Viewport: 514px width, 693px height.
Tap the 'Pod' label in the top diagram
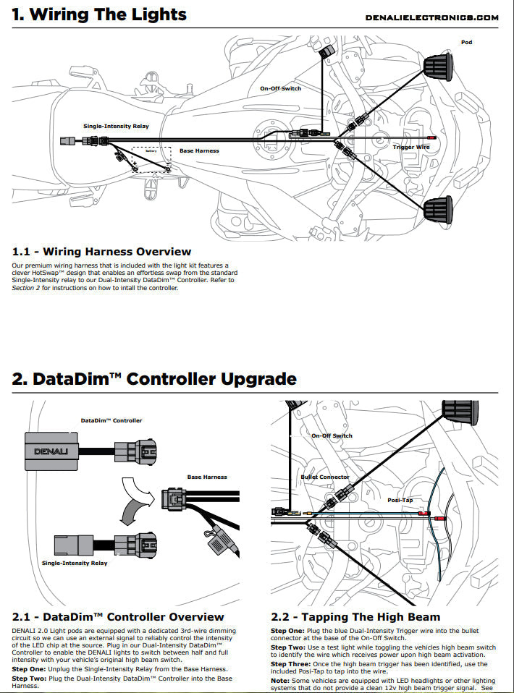click(467, 42)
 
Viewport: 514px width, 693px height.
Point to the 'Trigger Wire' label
click(411, 147)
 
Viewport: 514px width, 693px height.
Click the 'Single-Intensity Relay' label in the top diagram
click(116, 126)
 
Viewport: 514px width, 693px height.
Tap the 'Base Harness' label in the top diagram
click(199, 150)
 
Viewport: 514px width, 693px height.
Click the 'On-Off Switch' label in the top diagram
click(281, 88)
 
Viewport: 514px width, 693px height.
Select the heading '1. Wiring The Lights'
click(99, 14)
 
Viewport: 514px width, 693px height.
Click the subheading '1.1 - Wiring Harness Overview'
click(101, 252)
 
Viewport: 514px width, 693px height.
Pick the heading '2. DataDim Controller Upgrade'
click(154, 378)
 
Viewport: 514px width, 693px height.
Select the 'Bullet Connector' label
click(325, 477)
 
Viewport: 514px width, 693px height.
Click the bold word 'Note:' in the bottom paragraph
click(281, 680)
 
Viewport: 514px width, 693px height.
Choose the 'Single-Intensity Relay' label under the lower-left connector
click(75, 563)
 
